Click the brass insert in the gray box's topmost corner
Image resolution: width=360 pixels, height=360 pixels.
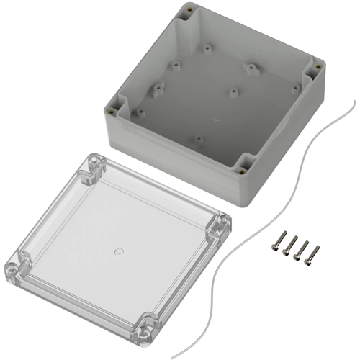coord(189,9)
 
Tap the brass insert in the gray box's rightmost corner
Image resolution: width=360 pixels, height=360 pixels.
coord(318,67)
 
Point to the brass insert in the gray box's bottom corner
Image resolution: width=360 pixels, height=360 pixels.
coord(242,171)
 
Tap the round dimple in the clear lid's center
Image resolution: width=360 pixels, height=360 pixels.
coord(119,252)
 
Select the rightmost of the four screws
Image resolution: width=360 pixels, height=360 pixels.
coord(315,252)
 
